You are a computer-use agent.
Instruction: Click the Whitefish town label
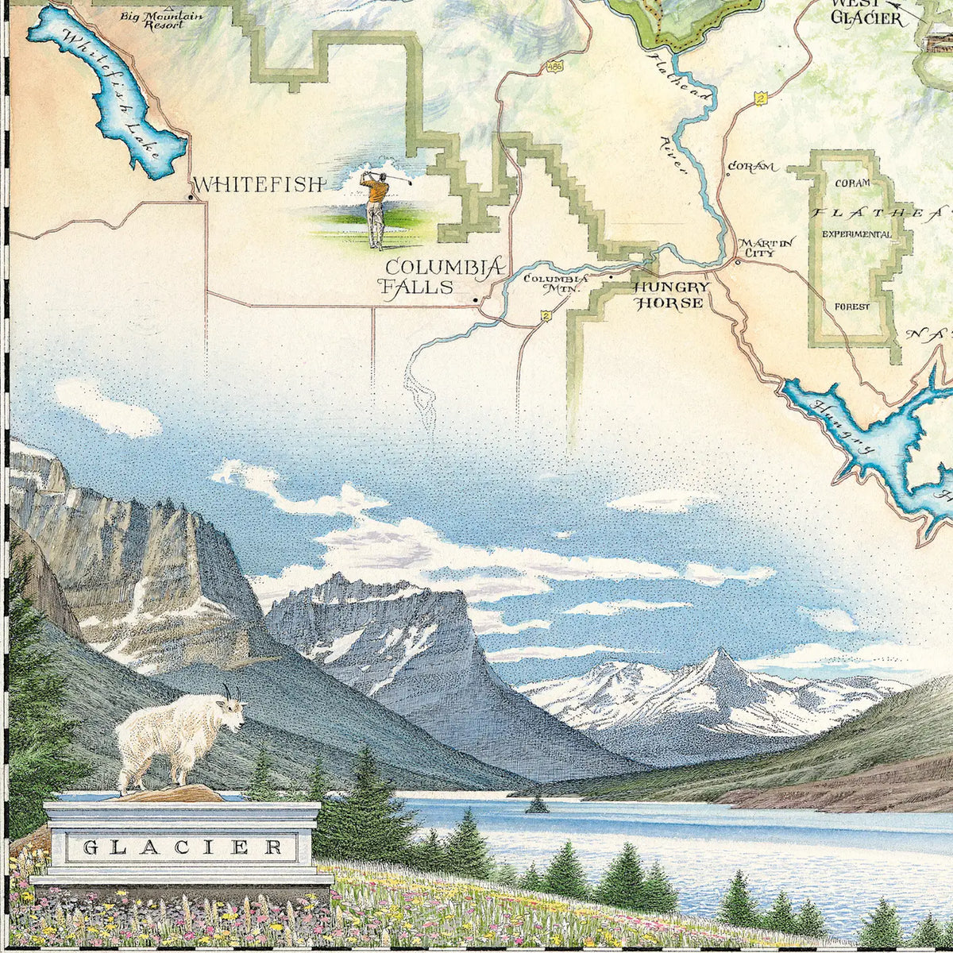[260, 185]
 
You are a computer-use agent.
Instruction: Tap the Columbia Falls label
[443, 276]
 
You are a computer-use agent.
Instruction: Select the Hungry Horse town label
[669, 295]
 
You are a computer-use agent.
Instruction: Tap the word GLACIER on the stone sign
[183, 847]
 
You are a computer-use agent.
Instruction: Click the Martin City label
[756, 248]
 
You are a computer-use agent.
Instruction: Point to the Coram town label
[750, 167]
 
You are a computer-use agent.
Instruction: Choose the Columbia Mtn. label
[555, 284]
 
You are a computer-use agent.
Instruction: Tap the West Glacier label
[866, 13]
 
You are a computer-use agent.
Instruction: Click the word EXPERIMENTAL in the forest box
[857, 234]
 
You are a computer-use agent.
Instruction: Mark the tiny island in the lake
[537, 805]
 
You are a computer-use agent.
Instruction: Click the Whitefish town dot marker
[191, 197]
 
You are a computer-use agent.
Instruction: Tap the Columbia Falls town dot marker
[476, 300]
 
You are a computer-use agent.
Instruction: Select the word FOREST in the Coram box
[851, 307]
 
